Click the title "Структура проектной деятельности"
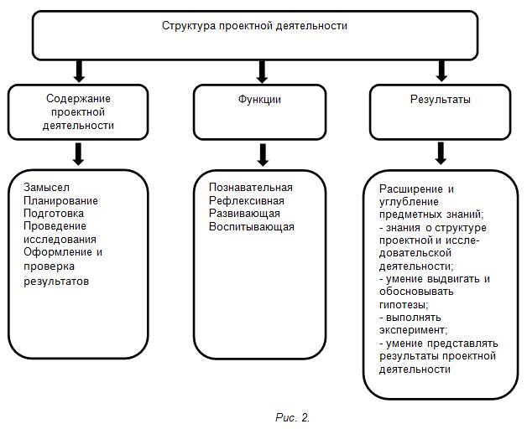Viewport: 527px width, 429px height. pos(254,26)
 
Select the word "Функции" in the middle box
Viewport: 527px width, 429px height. pos(259,100)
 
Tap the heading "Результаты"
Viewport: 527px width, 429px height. pos(441,100)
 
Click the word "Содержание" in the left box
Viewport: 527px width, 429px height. pos(78,98)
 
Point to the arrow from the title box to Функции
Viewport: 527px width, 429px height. pos(262,71)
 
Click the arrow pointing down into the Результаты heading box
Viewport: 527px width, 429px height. pos(441,71)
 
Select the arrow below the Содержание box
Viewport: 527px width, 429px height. pos(78,154)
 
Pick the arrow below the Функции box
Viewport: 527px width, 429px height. pos(263,155)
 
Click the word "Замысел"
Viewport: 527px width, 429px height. pos(46,188)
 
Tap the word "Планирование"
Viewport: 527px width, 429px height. pos(60,201)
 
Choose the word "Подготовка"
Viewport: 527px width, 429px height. pos(54,214)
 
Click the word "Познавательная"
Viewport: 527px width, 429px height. pos(251,188)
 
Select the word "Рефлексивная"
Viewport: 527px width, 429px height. pos(247,201)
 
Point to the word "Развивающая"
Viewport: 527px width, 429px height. pos(244,214)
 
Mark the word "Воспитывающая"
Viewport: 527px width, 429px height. pos(252,227)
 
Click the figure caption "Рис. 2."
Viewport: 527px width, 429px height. pos(292,417)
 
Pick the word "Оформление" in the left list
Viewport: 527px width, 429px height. pos(58,252)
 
